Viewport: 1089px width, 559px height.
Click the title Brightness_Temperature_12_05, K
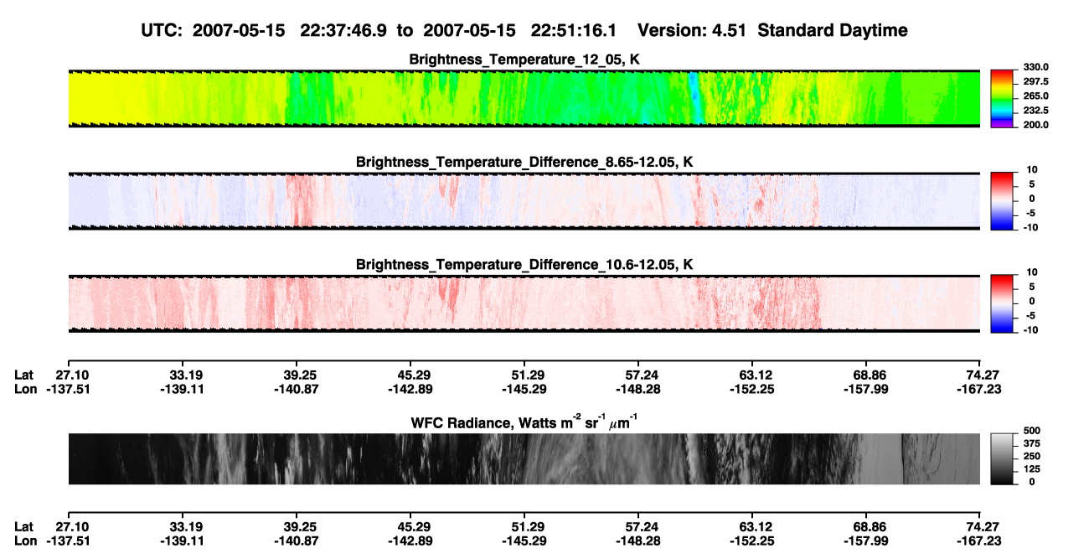pos(524,60)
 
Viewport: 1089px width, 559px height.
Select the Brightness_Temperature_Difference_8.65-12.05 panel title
pos(524,162)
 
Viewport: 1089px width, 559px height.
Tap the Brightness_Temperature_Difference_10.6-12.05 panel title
pos(524,265)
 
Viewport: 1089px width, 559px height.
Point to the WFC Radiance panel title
pos(524,422)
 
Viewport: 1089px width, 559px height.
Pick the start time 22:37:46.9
pos(343,31)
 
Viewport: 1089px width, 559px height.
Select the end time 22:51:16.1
pos(574,31)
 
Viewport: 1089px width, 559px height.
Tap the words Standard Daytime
pos(833,31)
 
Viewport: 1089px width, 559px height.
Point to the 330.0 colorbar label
pos(1035,67)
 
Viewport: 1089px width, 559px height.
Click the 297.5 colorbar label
pos(1035,82)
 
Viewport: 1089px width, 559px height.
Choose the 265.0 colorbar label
pos(1035,96)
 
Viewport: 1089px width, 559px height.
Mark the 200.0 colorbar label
pos(1035,125)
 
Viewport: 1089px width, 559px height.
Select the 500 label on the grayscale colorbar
pos(1032,431)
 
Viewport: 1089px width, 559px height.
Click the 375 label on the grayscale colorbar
pos(1032,443)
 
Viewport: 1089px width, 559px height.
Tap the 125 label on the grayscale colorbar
pos(1032,469)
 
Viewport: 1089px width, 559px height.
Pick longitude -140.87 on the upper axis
pos(296,389)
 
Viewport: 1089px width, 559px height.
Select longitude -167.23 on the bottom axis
pos(979,541)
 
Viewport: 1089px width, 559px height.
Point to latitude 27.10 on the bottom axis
pos(72,527)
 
